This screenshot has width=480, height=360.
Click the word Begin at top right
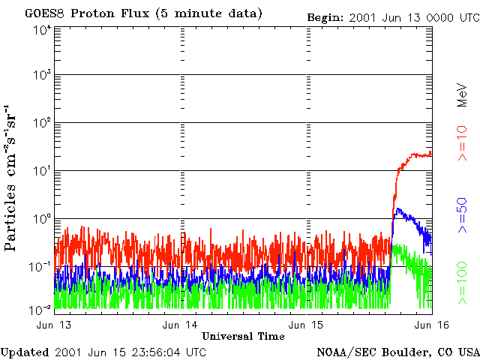[x=325, y=16]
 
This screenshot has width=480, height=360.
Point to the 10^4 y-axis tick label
[x=42, y=29]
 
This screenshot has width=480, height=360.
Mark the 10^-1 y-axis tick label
[x=42, y=266]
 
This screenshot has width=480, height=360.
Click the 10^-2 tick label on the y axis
[x=42, y=309]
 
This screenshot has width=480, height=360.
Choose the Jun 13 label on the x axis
[x=55, y=325]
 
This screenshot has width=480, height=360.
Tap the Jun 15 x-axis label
[x=307, y=325]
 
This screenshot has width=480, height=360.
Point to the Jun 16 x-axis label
[x=433, y=325]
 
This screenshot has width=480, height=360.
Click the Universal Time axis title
[x=243, y=336]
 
